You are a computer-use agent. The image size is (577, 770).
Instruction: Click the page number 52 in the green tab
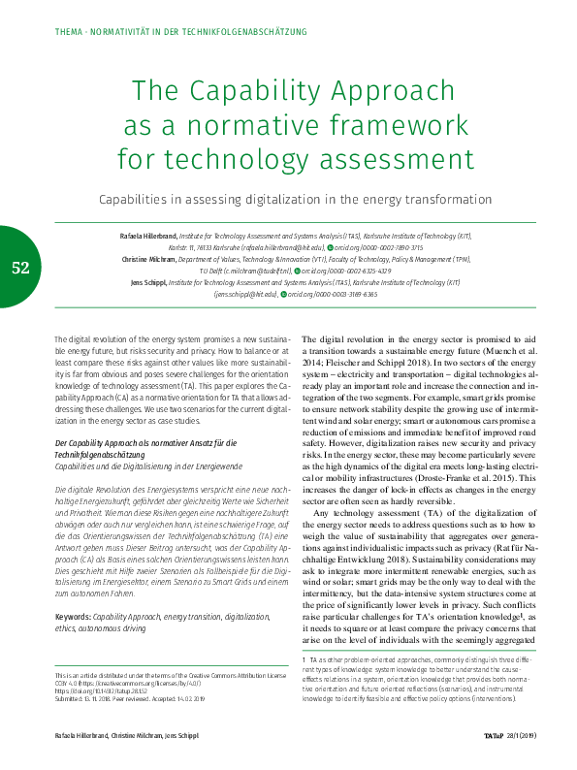[20, 268]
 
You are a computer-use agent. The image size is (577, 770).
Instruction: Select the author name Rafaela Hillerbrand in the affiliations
[148, 237]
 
